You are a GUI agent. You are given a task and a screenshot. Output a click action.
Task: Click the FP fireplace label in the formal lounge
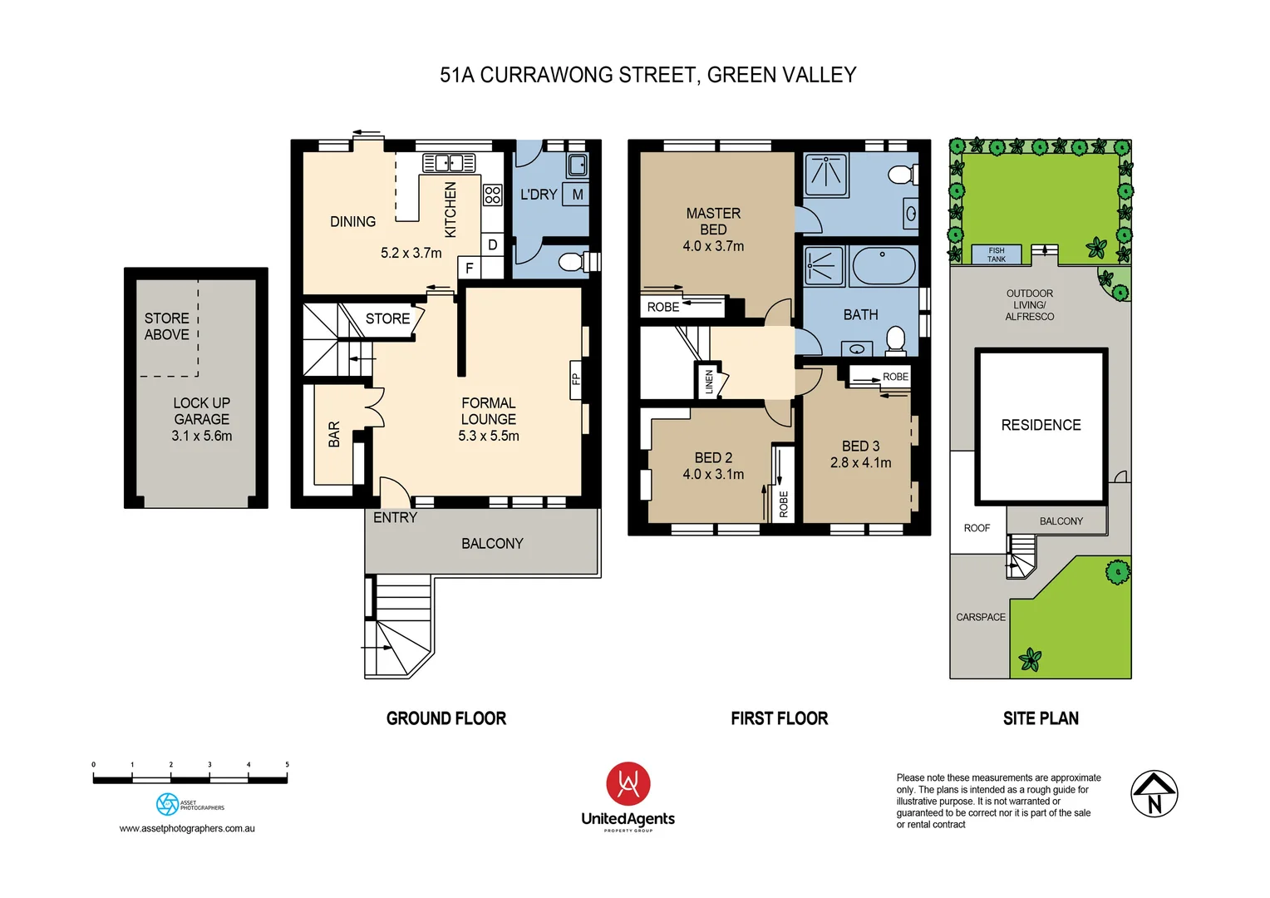[x=575, y=379]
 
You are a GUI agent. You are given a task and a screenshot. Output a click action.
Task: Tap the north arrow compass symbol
[x=1154, y=793]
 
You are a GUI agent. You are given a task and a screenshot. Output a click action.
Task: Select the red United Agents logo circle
[x=628, y=783]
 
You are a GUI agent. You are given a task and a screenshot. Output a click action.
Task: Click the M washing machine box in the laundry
[x=577, y=195]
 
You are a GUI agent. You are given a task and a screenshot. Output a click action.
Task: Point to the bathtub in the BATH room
[x=883, y=266]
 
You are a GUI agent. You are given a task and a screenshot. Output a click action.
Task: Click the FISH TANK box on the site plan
[x=996, y=254]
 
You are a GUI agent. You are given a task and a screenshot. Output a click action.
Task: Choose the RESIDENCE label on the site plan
[x=1041, y=425]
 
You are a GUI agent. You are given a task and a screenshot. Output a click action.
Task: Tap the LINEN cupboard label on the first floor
[x=708, y=382]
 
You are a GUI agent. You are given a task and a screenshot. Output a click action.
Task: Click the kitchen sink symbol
[x=449, y=162]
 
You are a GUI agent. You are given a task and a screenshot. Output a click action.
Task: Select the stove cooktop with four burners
[x=493, y=195]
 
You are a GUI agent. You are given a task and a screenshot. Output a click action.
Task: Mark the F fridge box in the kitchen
[x=469, y=268]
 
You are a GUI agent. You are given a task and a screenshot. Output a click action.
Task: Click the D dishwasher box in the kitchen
[x=493, y=244]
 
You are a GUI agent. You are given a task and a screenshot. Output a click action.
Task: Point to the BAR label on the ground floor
[x=334, y=434]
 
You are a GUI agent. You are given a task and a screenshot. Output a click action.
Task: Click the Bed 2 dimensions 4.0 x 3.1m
[x=713, y=474]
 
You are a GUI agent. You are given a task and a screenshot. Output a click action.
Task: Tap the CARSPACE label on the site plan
[x=980, y=617]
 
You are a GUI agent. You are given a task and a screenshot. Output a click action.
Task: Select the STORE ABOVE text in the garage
[x=167, y=326]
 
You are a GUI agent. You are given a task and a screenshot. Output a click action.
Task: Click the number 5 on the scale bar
[x=287, y=764]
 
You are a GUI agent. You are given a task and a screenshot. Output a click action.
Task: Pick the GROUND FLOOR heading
[x=446, y=718]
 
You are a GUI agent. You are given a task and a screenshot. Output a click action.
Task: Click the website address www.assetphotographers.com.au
[x=187, y=828]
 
